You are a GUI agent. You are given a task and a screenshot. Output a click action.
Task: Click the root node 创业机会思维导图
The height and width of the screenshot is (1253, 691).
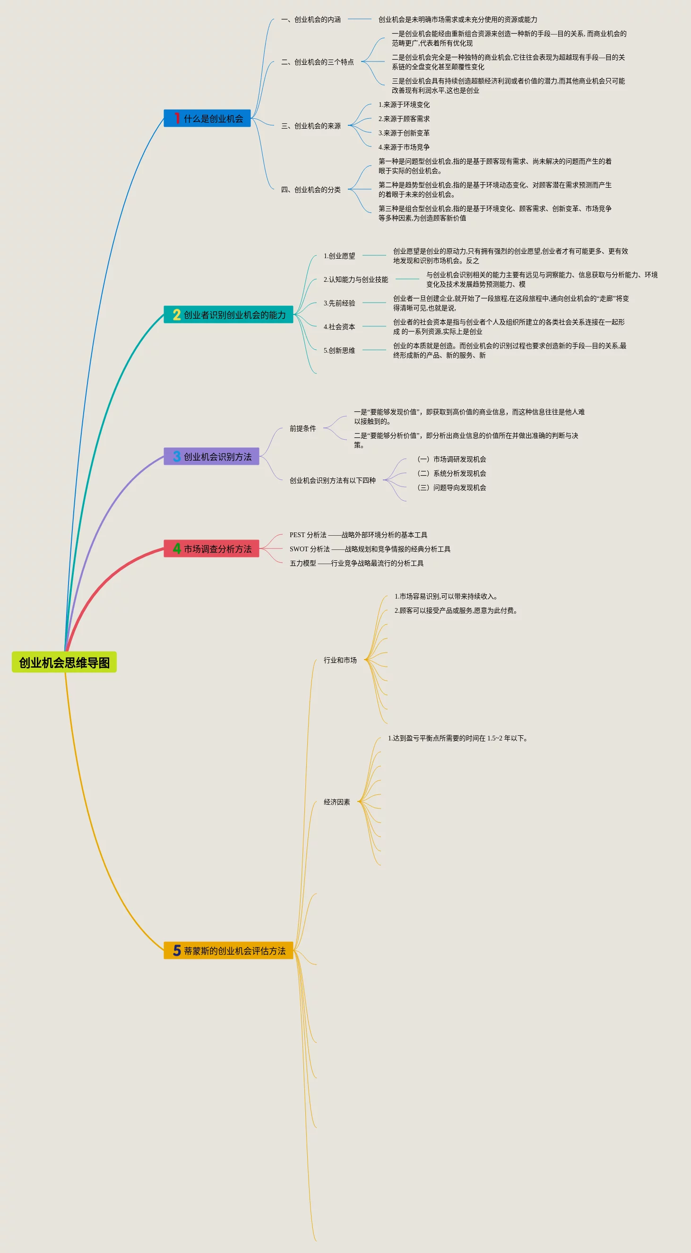pyautogui.click(x=64, y=662)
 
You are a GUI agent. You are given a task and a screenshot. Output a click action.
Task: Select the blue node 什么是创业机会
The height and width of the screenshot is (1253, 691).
pyautogui.click(x=207, y=118)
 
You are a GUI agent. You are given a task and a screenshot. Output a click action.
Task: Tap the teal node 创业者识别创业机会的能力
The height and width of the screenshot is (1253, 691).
pyautogui.click(x=229, y=315)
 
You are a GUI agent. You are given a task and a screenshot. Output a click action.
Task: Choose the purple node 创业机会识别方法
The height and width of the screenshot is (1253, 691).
pyautogui.click(x=212, y=456)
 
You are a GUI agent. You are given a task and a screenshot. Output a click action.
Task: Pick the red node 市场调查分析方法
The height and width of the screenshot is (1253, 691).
pyautogui.click(x=212, y=548)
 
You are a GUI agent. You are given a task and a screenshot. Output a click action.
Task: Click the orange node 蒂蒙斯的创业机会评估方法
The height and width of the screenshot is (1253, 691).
pyautogui.click(x=229, y=950)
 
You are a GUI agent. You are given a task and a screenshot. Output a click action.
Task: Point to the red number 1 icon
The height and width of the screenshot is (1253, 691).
pyautogui.click(x=177, y=118)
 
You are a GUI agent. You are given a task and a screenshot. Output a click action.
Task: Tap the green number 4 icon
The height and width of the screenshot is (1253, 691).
pyautogui.click(x=177, y=548)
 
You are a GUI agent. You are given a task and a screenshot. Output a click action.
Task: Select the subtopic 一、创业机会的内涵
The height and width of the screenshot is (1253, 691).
pyautogui.click(x=311, y=19)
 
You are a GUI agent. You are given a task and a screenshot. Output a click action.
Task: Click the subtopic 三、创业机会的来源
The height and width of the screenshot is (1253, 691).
pyautogui.click(x=311, y=126)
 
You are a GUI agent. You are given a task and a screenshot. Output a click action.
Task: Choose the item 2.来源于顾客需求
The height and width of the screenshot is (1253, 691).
pyautogui.click(x=404, y=119)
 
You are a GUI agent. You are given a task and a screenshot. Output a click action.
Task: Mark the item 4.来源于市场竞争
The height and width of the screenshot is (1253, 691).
pyautogui.click(x=404, y=147)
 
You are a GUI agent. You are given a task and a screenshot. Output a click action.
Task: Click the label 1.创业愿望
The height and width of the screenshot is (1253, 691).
pyautogui.click(x=339, y=256)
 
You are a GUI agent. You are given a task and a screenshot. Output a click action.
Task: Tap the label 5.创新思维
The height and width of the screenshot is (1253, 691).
pyautogui.click(x=339, y=350)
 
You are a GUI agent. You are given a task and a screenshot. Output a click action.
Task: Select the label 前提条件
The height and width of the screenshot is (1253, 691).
pyautogui.click(x=302, y=428)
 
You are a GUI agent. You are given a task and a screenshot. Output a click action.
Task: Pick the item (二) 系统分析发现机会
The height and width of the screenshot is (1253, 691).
pyautogui.click(x=452, y=473)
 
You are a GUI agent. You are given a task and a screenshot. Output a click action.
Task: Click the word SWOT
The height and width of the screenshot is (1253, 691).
pyautogui.click(x=299, y=549)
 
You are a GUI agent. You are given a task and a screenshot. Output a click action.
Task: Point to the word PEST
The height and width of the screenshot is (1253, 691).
pyautogui.click(x=297, y=535)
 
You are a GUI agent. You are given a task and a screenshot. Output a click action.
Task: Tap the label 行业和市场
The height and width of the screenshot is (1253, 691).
pyautogui.click(x=340, y=660)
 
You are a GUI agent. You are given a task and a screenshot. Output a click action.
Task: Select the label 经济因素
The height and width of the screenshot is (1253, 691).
pyautogui.click(x=337, y=802)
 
